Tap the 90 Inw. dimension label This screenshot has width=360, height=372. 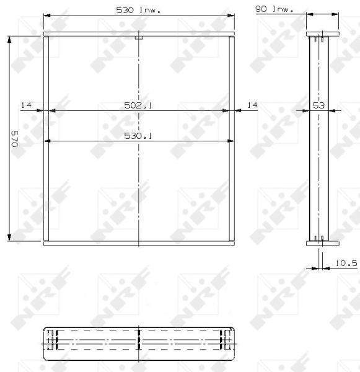(x=273, y=10)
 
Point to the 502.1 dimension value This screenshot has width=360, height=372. (x=139, y=105)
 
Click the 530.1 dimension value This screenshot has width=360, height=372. (x=139, y=136)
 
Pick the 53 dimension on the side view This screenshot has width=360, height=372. (x=318, y=105)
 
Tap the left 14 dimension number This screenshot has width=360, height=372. (x=25, y=105)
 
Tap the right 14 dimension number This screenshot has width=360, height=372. (x=252, y=105)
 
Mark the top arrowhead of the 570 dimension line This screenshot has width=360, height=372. (x=9, y=39)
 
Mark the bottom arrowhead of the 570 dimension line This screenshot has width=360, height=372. (x=9, y=236)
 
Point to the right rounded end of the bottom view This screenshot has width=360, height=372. (x=234, y=342)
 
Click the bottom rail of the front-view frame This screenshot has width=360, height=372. (x=139, y=243)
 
